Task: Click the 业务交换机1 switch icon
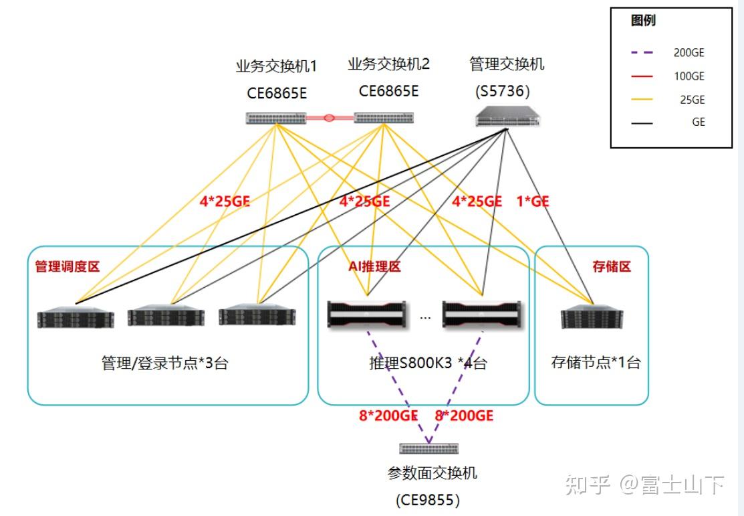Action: coord(275,118)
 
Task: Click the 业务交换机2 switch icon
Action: coord(384,118)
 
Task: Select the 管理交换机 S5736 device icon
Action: coord(507,119)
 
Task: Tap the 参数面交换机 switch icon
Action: coord(428,448)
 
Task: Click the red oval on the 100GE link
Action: coord(329,118)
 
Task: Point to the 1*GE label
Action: coord(533,201)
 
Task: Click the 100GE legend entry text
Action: coord(689,76)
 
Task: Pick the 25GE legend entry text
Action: coord(692,100)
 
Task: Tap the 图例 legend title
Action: coord(643,21)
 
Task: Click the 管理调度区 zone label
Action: coord(67,266)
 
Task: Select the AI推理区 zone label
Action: coord(374,266)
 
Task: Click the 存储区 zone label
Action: coord(612,266)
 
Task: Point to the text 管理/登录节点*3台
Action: coord(164,363)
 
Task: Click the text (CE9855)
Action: coord(428,499)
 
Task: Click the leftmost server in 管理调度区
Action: coord(76,317)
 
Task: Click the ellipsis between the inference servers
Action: coord(425,317)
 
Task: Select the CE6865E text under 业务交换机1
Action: coord(277,92)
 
